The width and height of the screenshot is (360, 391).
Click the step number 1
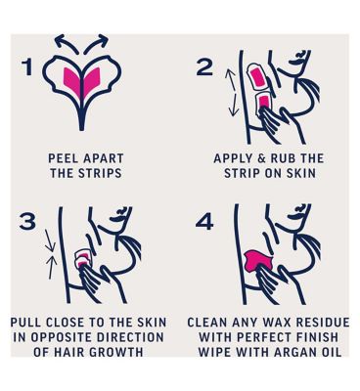coord(27,67)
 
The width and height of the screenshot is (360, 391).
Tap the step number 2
coord(204,67)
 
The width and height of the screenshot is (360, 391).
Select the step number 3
coord(27,222)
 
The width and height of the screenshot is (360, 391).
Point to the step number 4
coord(204,222)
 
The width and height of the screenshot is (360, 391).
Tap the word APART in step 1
coord(104,158)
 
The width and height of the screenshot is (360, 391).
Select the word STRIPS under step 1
coord(101,173)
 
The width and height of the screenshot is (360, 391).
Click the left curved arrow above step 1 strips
coord(67,43)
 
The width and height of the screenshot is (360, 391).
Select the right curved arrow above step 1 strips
coord(96,43)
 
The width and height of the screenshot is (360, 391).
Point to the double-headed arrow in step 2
coord(232,93)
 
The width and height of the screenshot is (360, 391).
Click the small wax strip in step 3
coord(82,257)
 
